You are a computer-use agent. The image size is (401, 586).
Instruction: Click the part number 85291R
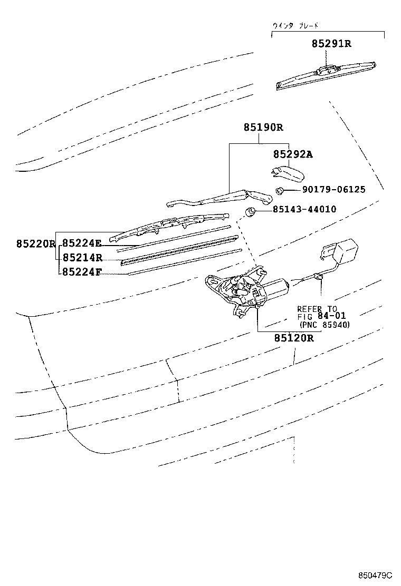[331, 44]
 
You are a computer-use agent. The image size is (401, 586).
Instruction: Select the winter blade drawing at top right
[327, 75]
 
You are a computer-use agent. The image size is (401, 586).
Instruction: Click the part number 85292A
[293, 154]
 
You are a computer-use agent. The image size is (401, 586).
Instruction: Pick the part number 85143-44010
[304, 209]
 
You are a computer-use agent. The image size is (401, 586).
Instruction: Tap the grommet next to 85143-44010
[251, 212]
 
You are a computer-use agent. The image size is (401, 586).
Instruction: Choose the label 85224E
[82, 243]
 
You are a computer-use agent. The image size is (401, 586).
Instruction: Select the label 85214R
[82, 258]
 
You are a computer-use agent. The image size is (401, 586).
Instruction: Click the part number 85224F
[82, 272]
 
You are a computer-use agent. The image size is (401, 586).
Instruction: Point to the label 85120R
[293, 338]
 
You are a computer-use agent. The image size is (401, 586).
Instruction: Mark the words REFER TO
[317, 309]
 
